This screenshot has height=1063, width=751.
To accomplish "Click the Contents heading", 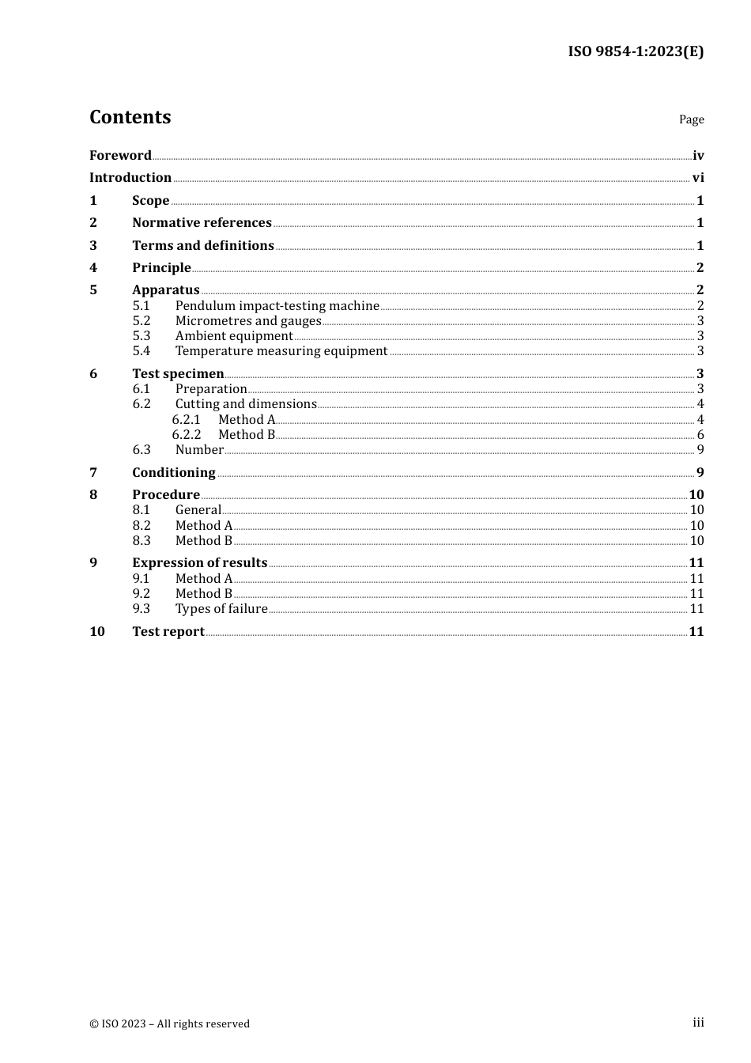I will tap(130, 117).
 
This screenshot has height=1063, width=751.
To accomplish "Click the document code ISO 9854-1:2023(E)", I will tap(636, 51).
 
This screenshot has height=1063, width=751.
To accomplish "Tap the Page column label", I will tap(691, 119).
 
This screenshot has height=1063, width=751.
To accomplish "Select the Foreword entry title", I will tap(120, 155).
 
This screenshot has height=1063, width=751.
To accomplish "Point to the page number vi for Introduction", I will tap(698, 178).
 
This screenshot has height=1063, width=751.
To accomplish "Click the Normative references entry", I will tap(202, 223).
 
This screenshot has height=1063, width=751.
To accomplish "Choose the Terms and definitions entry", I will tap(203, 245).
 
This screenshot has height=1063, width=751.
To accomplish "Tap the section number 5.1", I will tap(141, 306).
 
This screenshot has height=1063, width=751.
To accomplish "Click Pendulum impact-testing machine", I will tap(277, 306).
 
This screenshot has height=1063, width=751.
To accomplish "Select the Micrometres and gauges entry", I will tap(248, 321).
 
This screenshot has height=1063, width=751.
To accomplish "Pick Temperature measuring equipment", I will tap(281, 351).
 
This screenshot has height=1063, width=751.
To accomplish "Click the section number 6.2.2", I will tap(187, 435).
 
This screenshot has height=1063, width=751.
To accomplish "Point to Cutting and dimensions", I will tap(246, 404).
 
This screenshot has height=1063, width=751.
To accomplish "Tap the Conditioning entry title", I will tap(174, 472).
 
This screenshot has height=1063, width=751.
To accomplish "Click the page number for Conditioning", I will tap(700, 472).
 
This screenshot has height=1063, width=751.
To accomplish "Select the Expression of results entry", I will tap(200, 563).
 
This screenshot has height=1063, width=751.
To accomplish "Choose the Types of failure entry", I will tap(221, 609).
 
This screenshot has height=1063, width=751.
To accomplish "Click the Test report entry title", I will tap(168, 631).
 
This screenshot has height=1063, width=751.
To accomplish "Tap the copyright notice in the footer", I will tap(169, 1023).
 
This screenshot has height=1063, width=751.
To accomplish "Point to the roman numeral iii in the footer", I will tap(698, 1023).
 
